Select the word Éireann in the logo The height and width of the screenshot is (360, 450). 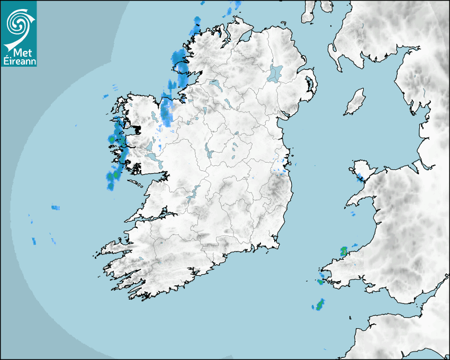pyautogui.click(x=19, y=61)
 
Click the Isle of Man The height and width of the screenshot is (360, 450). pyautogui.click(x=355, y=102)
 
